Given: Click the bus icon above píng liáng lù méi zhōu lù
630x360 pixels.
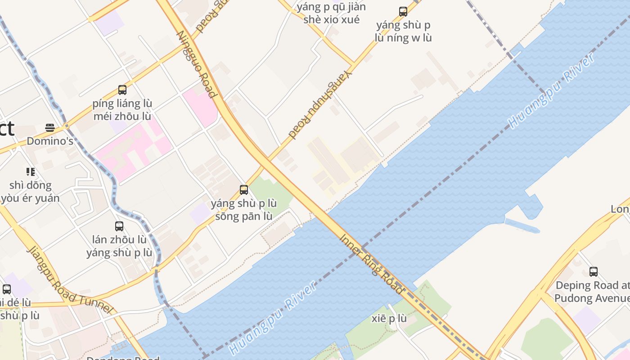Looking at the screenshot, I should tap(122, 90).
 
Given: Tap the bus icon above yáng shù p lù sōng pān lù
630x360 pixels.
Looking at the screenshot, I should tap(244, 190).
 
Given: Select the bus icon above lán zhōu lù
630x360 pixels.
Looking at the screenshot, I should tap(119, 226).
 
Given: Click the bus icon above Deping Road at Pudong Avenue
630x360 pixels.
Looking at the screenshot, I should tap(594, 272).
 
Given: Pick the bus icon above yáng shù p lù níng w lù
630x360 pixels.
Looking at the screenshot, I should tap(403, 12).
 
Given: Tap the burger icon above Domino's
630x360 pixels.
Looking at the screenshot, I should tap(50, 128).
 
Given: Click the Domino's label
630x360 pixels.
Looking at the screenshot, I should tap(50, 141).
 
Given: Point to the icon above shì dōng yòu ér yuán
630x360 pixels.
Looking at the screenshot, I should tap(31, 171).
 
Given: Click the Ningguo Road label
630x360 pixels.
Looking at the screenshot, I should tap(197, 64).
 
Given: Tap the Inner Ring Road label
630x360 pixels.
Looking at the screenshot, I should tap(371, 264).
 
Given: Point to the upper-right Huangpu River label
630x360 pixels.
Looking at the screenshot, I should tap(551, 90).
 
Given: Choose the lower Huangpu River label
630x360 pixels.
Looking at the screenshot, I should tap(273, 318).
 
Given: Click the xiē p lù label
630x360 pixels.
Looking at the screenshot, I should tap(389, 319).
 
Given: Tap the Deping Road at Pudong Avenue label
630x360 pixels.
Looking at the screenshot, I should tap(592, 292).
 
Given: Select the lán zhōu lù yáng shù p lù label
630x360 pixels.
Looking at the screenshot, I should tap(119, 246).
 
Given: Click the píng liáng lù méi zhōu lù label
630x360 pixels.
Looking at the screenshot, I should tap(122, 110).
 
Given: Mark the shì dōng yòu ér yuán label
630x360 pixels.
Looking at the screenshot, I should tap(30, 192).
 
